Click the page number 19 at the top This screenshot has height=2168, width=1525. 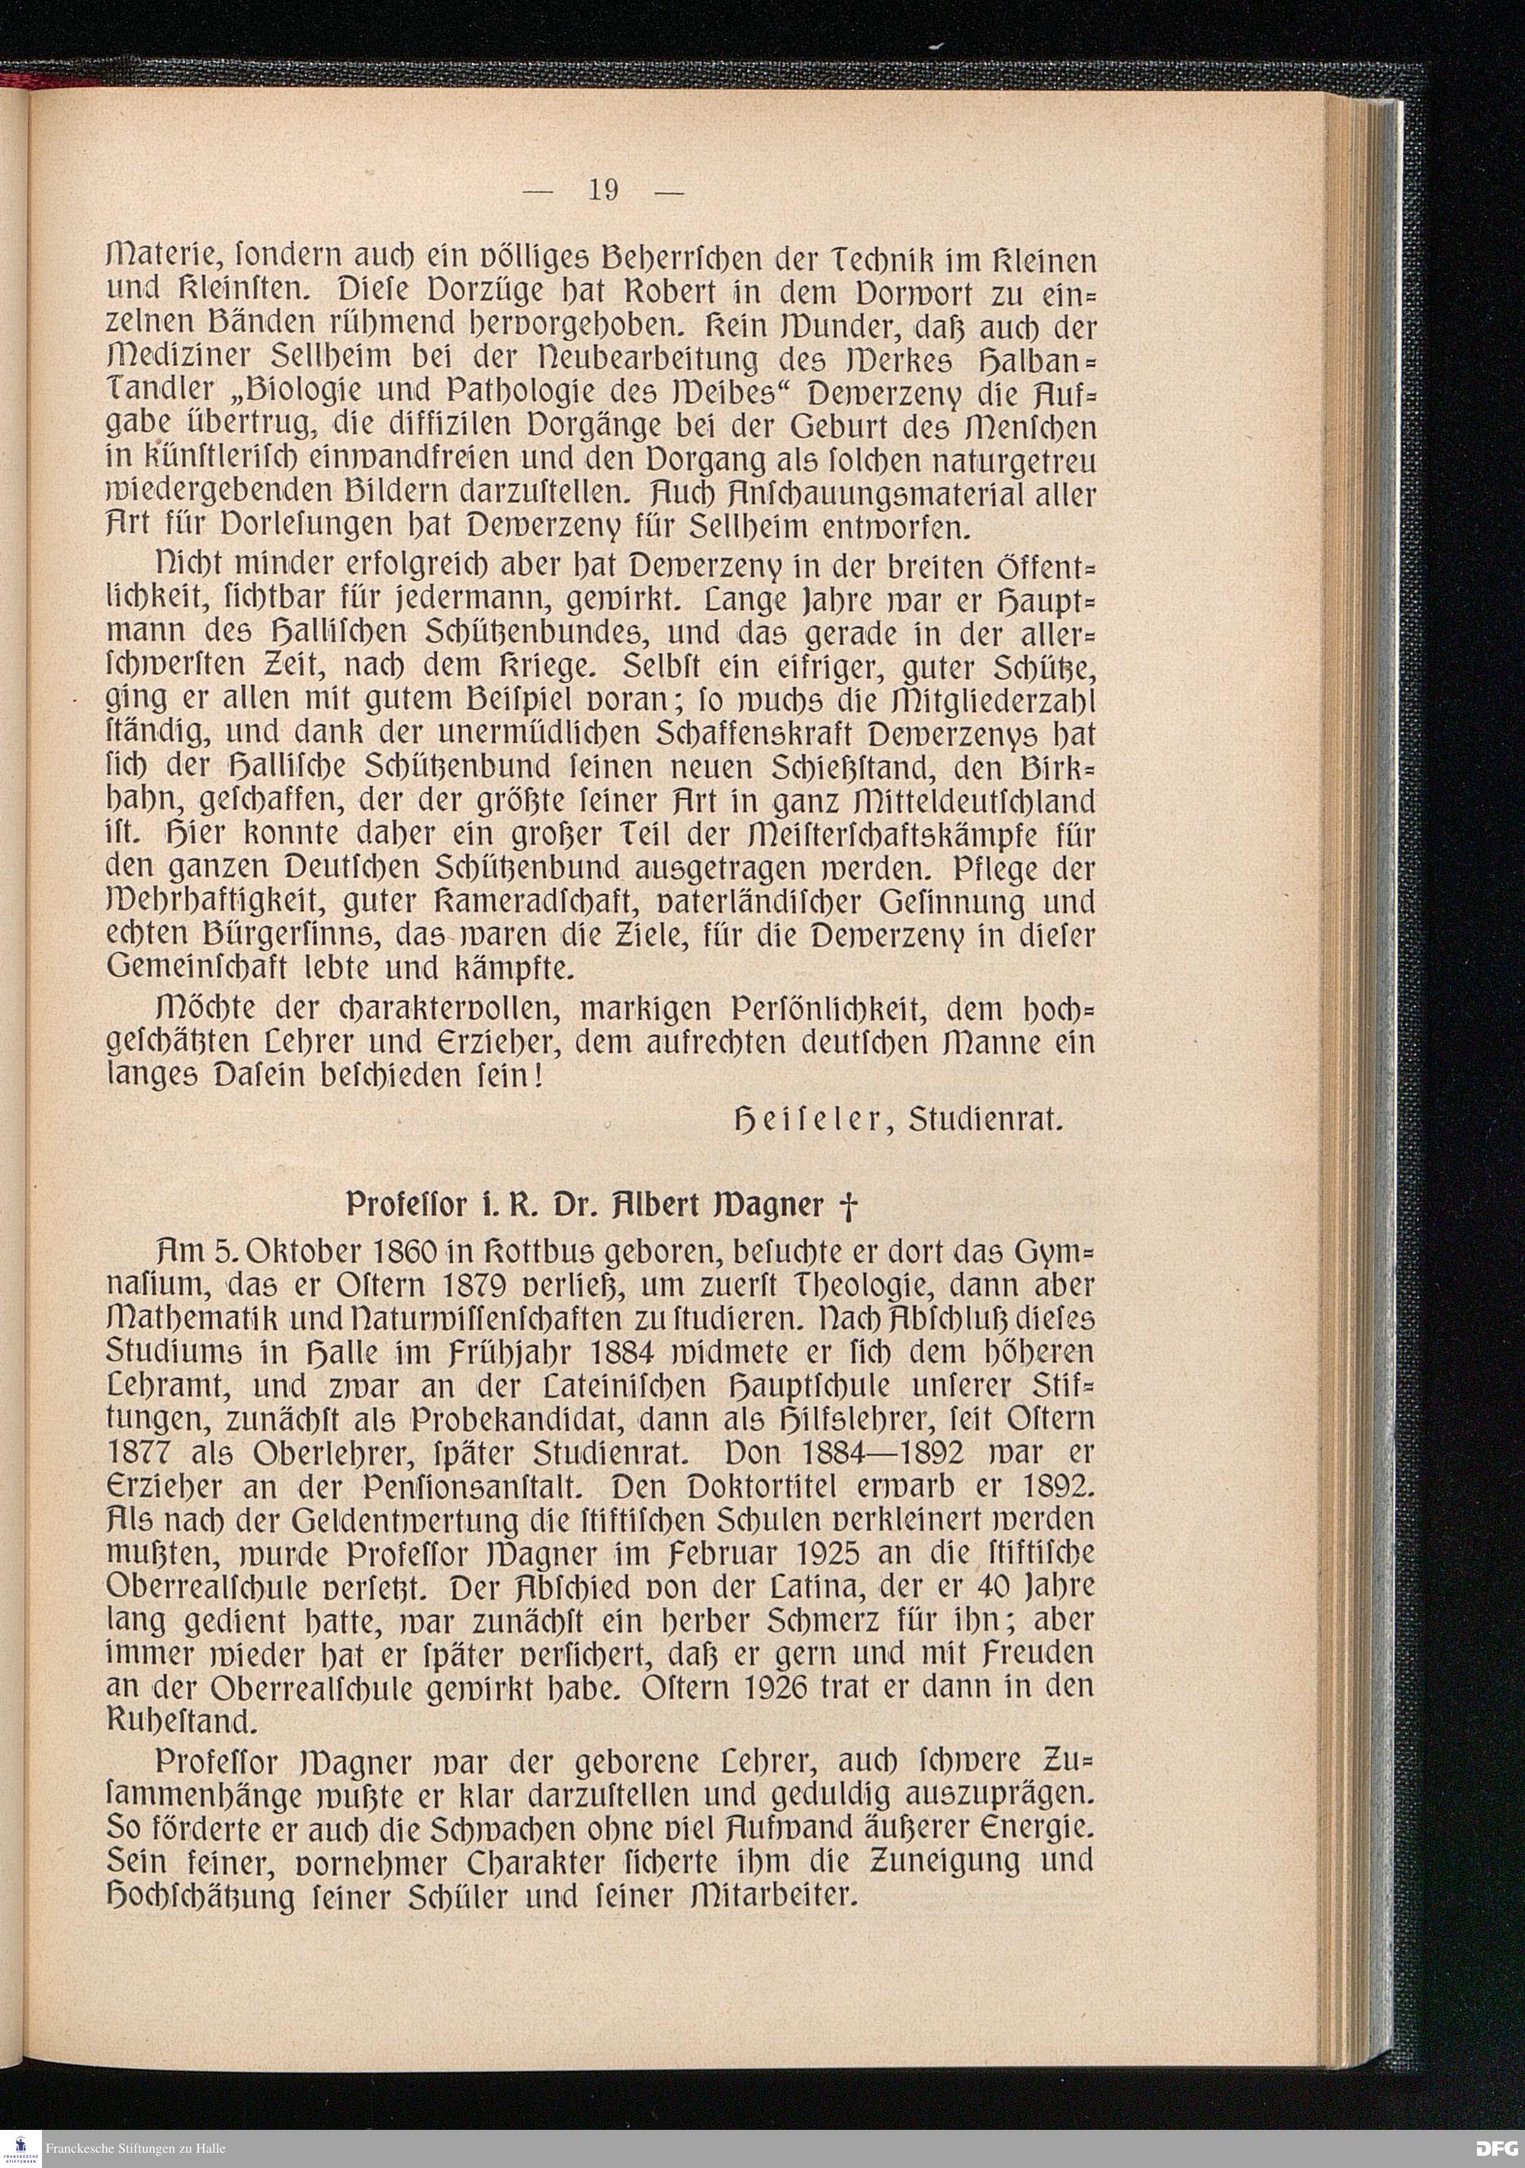tap(603, 190)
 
